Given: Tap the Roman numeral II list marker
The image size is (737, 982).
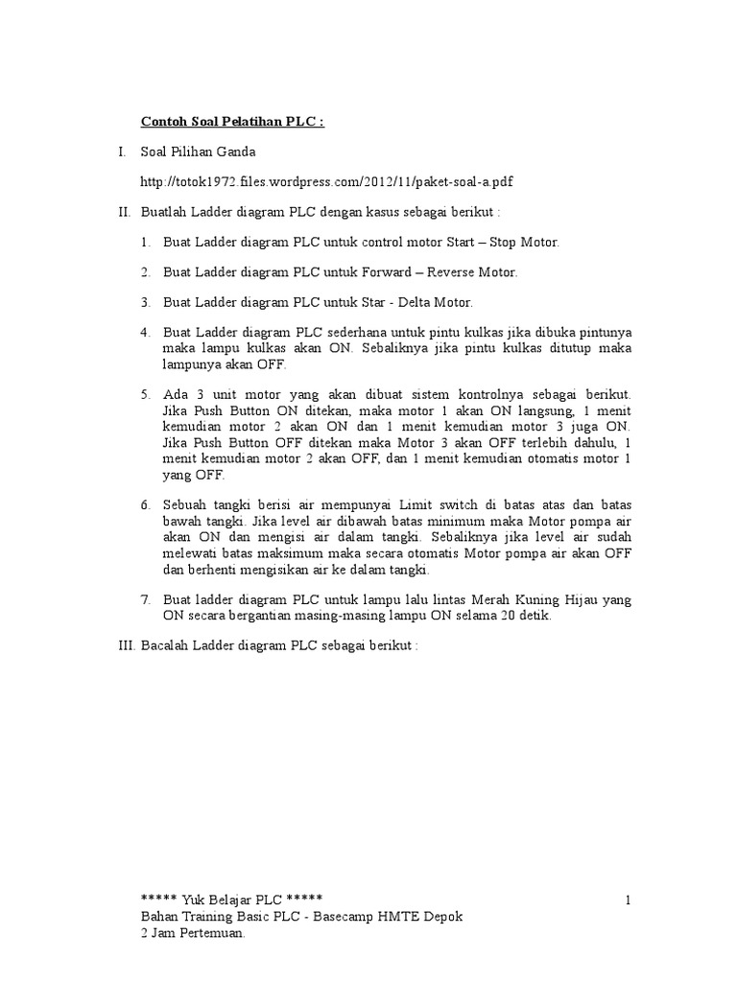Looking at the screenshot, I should (x=124, y=212).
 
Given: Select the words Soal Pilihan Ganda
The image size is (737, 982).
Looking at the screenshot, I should (x=199, y=152).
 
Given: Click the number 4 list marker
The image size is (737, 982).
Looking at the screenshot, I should (x=146, y=332).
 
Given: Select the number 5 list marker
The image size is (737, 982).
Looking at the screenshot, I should (x=146, y=395).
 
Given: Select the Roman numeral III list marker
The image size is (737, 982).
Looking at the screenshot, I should (x=126, y=645).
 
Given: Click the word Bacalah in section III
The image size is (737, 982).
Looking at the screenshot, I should (x=164, y=645).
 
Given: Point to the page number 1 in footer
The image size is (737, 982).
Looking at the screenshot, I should (x=627, y=900).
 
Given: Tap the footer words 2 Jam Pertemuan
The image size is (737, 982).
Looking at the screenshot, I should (x=193, y=931).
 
